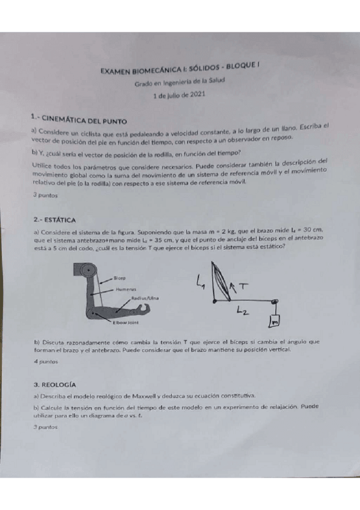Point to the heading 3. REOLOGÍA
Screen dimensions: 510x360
[x=55, y=382]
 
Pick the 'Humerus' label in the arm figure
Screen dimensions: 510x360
[x=124, y=289]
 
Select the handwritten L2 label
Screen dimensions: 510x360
[x=242, y=310]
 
